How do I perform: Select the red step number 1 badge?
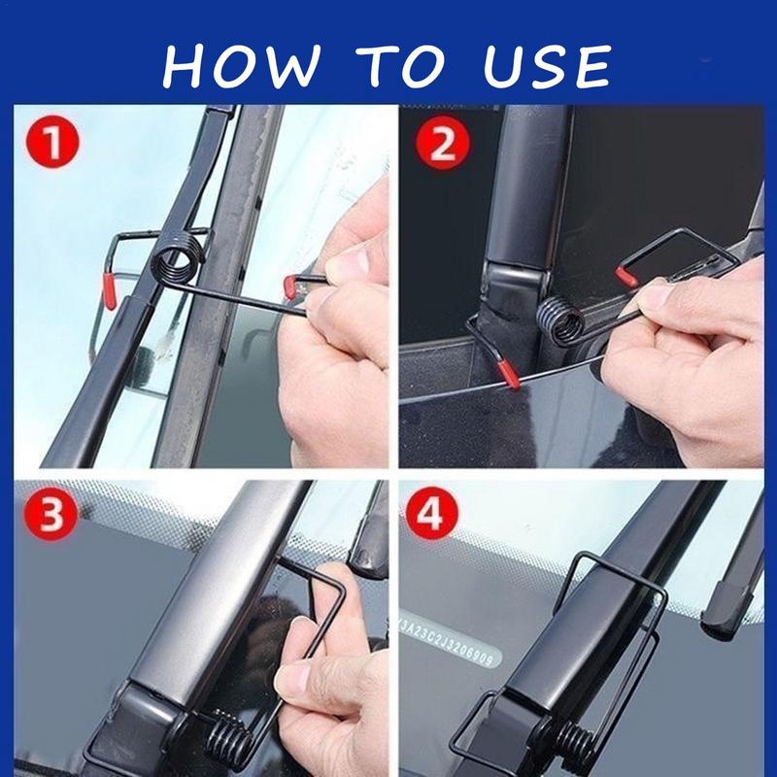pos(54,145)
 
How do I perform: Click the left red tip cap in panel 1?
pos(110,290)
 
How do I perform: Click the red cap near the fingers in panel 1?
pos(290,284)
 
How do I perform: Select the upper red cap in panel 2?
pos(626,277)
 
